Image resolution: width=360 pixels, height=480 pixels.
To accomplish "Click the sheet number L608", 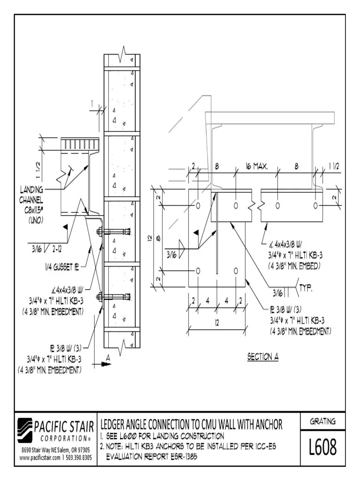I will [x=322, y=448].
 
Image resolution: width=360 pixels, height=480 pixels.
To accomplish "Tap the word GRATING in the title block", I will [x=322, y=421].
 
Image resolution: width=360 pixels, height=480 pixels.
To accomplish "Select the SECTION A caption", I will [x=262, y=357].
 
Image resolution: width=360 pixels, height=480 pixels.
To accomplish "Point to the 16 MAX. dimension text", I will [x=256, y=166].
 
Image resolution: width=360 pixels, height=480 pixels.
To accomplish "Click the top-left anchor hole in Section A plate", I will [x=198, y=206].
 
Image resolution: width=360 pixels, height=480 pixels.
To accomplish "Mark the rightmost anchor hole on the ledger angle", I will [x=315, y=206].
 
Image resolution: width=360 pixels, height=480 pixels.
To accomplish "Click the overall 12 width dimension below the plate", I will [x=217, y=322].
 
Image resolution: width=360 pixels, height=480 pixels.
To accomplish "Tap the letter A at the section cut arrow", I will [x=108, y=357].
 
